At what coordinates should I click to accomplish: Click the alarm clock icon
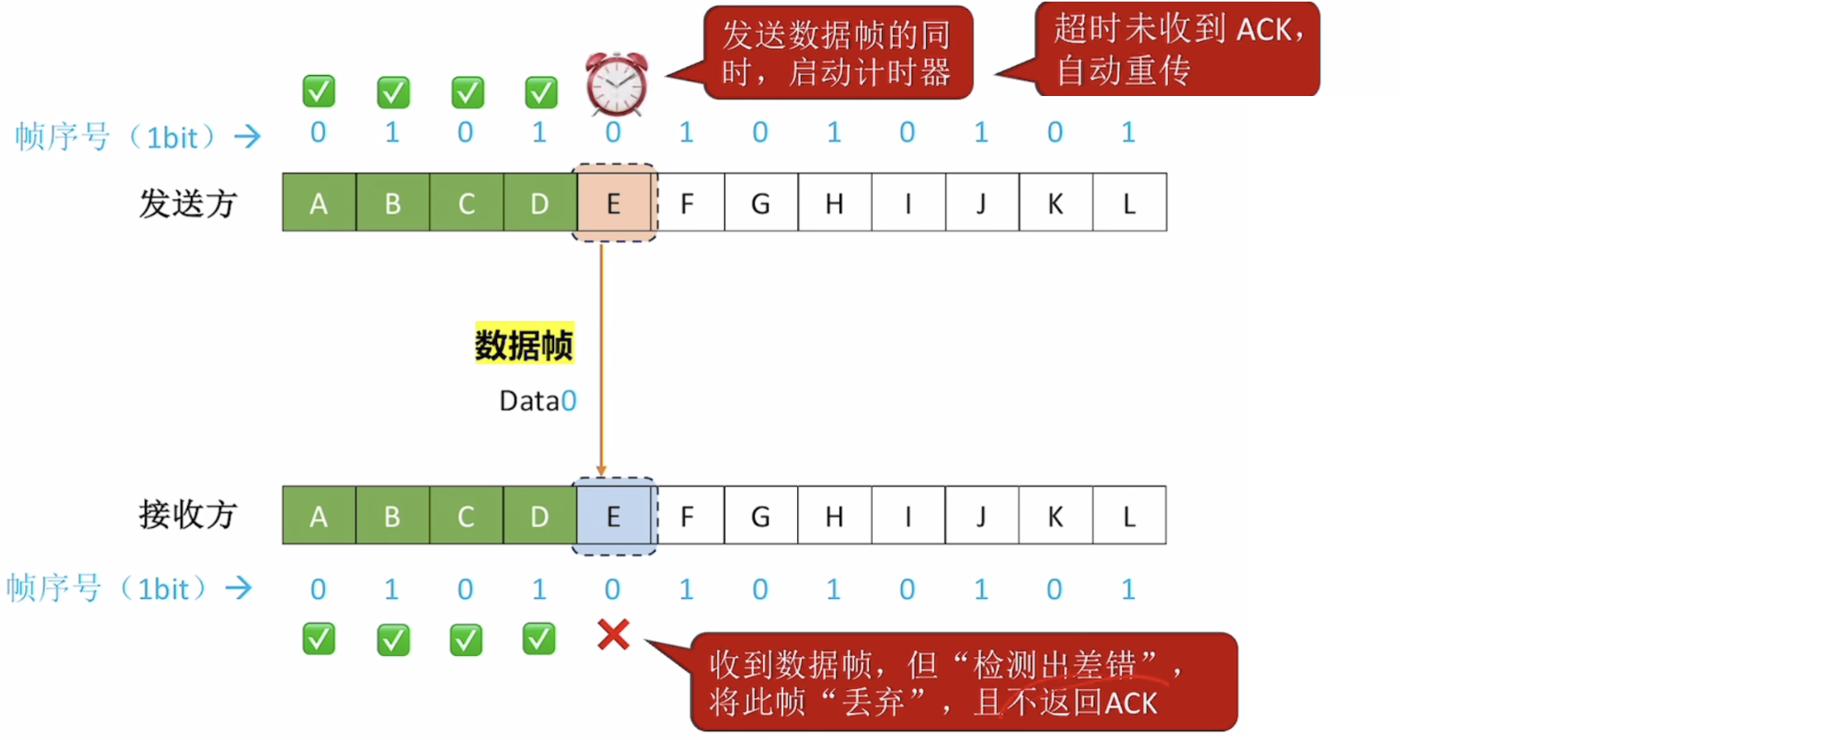616,84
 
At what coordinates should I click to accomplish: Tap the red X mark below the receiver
613,635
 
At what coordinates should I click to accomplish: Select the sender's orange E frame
614,203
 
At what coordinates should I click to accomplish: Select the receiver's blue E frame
614,516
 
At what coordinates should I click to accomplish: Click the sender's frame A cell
319,203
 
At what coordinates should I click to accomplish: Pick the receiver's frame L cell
1129,516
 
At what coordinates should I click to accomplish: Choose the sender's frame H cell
834,203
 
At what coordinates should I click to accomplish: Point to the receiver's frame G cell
760,516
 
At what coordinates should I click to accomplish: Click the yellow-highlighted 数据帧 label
524,345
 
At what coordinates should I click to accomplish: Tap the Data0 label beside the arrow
537,401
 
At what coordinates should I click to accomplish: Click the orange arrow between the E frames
601,355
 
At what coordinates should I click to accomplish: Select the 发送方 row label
187,203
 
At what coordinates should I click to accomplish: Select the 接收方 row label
187,514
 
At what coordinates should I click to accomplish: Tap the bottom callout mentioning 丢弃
963,683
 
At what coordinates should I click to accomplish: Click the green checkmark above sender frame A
319,92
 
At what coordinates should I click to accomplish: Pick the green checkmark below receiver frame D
539,639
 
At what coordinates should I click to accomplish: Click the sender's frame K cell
1055,203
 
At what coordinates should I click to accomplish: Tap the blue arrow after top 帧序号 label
248,136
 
